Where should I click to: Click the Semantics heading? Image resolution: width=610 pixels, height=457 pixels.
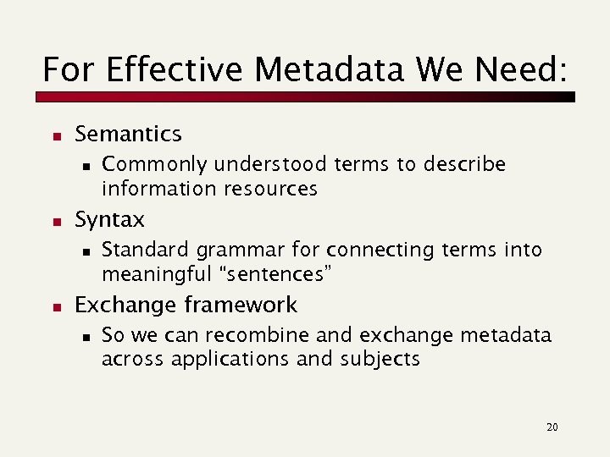point(128,134)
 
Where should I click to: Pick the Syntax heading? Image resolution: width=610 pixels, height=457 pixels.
point(109,220)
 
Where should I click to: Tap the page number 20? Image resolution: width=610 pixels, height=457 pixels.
point(552,427)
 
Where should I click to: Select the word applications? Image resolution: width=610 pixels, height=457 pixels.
point(230,359)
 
